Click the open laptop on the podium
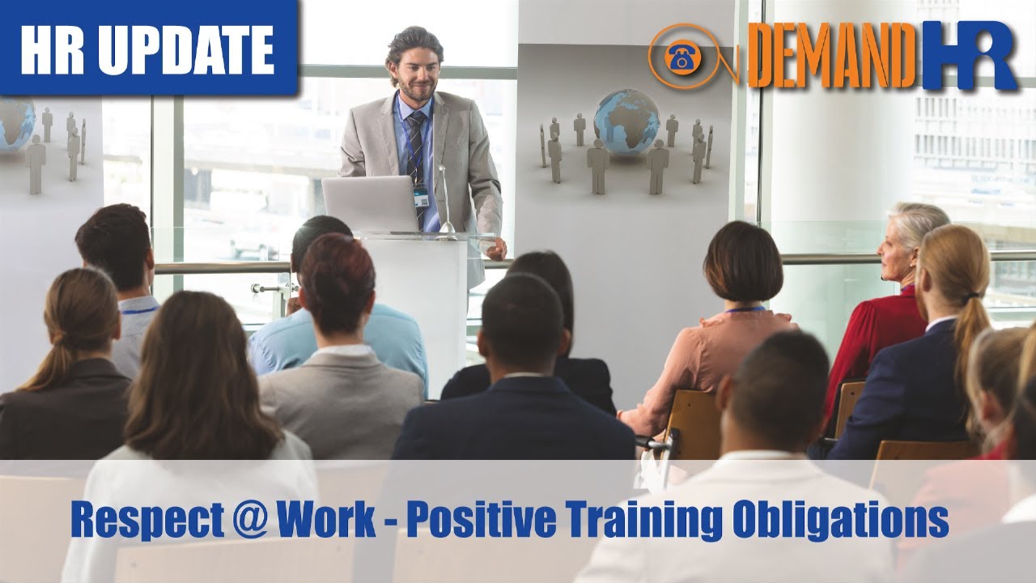tap(370, 204)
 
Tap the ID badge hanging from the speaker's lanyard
tap(421, 198)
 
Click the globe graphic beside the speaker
tap(626, 121)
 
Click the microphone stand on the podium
tap(444, 202)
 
